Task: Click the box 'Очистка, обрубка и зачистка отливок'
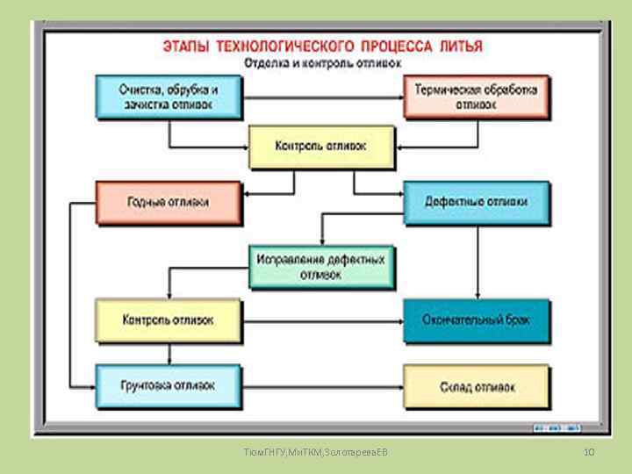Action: point(168,96)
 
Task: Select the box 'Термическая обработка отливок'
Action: point(476,96)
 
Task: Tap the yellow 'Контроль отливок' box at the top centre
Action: point(321,147)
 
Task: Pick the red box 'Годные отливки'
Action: point(168,203)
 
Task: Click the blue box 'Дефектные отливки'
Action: point(476,203)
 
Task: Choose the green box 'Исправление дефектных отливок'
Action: point(322,267)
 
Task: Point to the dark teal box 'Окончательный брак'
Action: point(476,320)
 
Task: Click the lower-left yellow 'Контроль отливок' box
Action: point(168,320)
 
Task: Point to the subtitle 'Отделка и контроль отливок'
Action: point(321,63)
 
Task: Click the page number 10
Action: point(589,451)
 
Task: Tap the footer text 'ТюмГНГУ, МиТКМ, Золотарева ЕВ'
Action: point(316,451)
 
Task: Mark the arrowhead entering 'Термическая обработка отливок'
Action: point(399,96)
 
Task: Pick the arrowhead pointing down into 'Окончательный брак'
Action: point(476,295)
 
